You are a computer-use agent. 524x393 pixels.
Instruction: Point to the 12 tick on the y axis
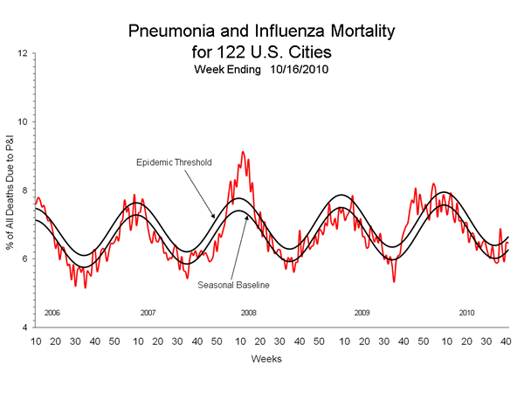(20, 53)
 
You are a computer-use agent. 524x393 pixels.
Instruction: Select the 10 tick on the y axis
(20, 121)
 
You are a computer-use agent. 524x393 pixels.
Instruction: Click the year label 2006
(52, 312)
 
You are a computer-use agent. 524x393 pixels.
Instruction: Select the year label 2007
(148, 312)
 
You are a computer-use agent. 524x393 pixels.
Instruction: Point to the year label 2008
(249, 312)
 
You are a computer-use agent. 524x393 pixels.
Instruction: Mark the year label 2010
(467, 312)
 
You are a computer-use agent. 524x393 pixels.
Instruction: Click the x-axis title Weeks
(265, 358)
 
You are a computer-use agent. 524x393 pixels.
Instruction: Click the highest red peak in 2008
(243, 152)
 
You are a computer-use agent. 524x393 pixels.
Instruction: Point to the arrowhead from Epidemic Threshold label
(214, 217)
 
